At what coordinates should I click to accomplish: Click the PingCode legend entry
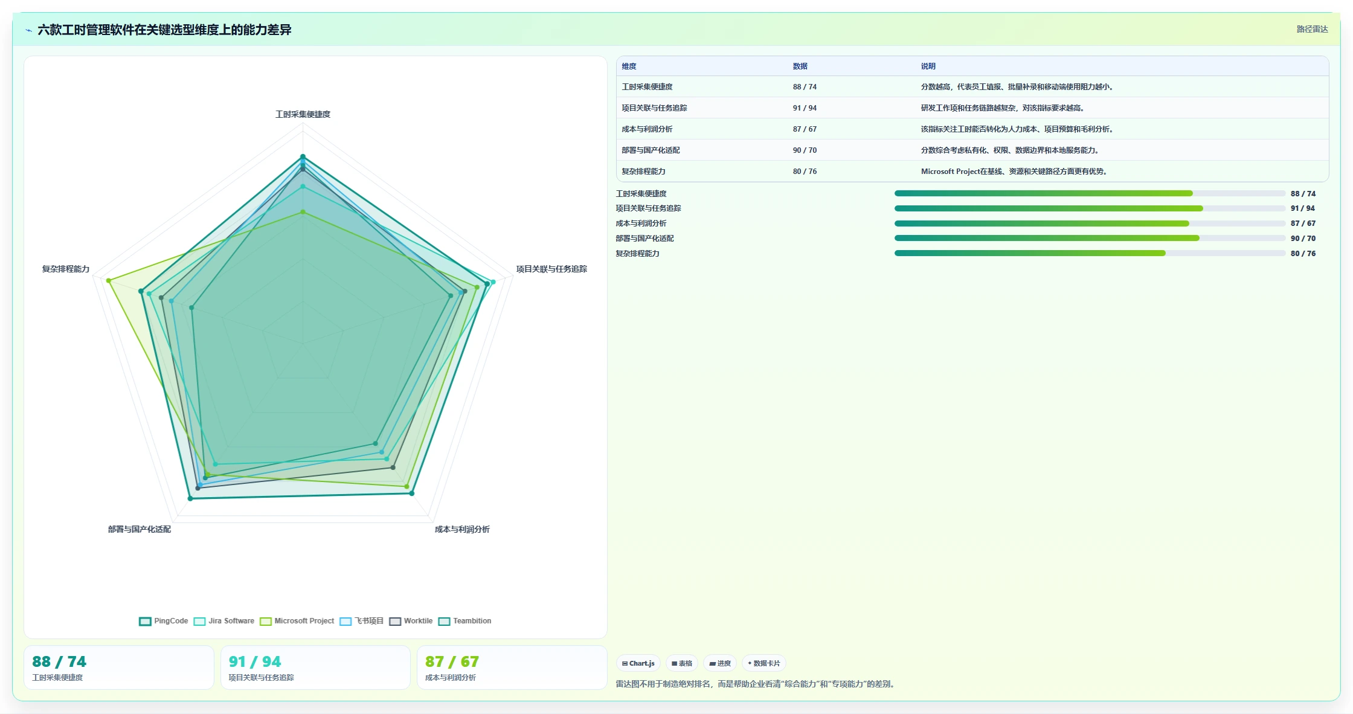click(x=164, y=621)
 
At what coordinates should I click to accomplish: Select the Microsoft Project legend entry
click(x=297, y=621)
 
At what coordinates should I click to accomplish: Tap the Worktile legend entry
click(x=411, y=621)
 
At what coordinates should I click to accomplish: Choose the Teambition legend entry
click(x=464, y=621)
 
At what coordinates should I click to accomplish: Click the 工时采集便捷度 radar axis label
click(x=303, y=114)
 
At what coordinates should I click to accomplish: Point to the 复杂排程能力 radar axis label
click(x=66, y=269)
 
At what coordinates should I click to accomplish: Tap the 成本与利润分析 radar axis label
click(x=462, y=529)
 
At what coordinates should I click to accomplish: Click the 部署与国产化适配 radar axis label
click(x=140, y=529)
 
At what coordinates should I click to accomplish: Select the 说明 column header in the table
click(x=928, y=66)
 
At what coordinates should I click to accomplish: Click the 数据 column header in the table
click(x=800, y=66)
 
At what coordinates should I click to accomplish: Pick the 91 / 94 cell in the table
click(x=805, y=108)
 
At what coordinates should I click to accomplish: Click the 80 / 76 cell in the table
click(x=805, y=172)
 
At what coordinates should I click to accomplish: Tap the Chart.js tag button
click(x=638, y=663)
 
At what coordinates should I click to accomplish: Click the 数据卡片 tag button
click(x=763, y=663)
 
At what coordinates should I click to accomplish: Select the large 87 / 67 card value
click(x=452, y=661)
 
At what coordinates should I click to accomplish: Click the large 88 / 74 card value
click(x=59, y=661)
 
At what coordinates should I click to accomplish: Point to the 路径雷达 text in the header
click(x=1312, y=29)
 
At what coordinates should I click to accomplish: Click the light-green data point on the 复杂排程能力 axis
click(x=109, y=280)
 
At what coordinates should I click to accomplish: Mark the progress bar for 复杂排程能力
click(x=1090, y=253)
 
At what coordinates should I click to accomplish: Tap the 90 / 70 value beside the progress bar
click(x=1303, y=239)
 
